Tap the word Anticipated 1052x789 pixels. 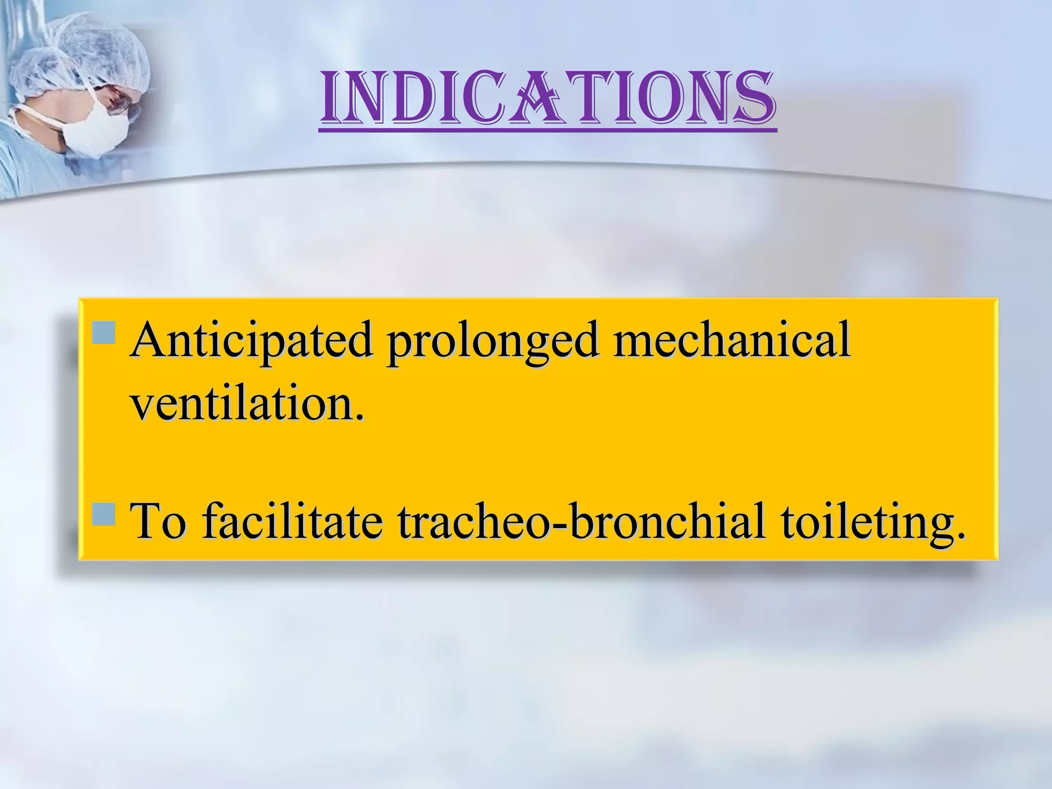pos(251,340)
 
